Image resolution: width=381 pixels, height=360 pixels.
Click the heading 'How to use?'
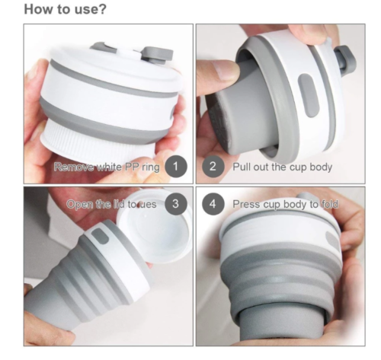tap(65, 9)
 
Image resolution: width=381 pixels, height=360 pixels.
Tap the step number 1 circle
tap(176, 167)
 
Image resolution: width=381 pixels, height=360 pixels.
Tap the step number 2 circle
tap(213, 167)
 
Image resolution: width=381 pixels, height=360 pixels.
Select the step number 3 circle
tap(176, 204)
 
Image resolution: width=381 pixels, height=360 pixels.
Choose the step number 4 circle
tap(213, 204)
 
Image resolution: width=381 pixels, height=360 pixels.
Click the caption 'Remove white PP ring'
tap(107, 167)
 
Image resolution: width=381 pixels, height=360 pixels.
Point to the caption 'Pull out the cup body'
tap(283, 167)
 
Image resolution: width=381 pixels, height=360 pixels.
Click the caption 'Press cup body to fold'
tap(286, 204)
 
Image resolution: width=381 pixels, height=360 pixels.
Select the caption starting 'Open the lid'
tap(111, 204)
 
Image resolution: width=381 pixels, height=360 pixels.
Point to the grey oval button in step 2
tap(309, 95)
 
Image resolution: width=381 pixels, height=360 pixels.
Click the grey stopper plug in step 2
tap(346, 61)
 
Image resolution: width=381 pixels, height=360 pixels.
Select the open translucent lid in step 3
tap(155, 226)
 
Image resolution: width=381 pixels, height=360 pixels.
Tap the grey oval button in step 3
tap(100, 236)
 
